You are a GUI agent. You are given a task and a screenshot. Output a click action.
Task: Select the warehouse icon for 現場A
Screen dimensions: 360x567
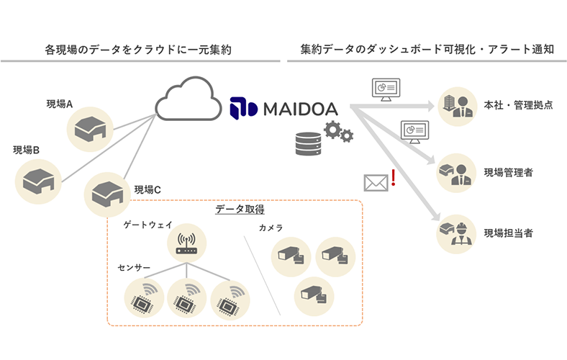[89, 127]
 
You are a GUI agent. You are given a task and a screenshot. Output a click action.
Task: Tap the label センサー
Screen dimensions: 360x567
[134, 266]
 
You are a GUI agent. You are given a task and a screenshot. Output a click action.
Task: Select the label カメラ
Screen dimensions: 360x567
[271, 228]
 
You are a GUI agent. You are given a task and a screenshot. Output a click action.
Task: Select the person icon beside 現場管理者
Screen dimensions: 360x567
[457, 174]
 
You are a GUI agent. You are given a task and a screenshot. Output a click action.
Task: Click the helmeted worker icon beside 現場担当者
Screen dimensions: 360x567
[457, 233]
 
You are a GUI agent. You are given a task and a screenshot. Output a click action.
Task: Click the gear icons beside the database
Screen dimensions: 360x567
[336, 132]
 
